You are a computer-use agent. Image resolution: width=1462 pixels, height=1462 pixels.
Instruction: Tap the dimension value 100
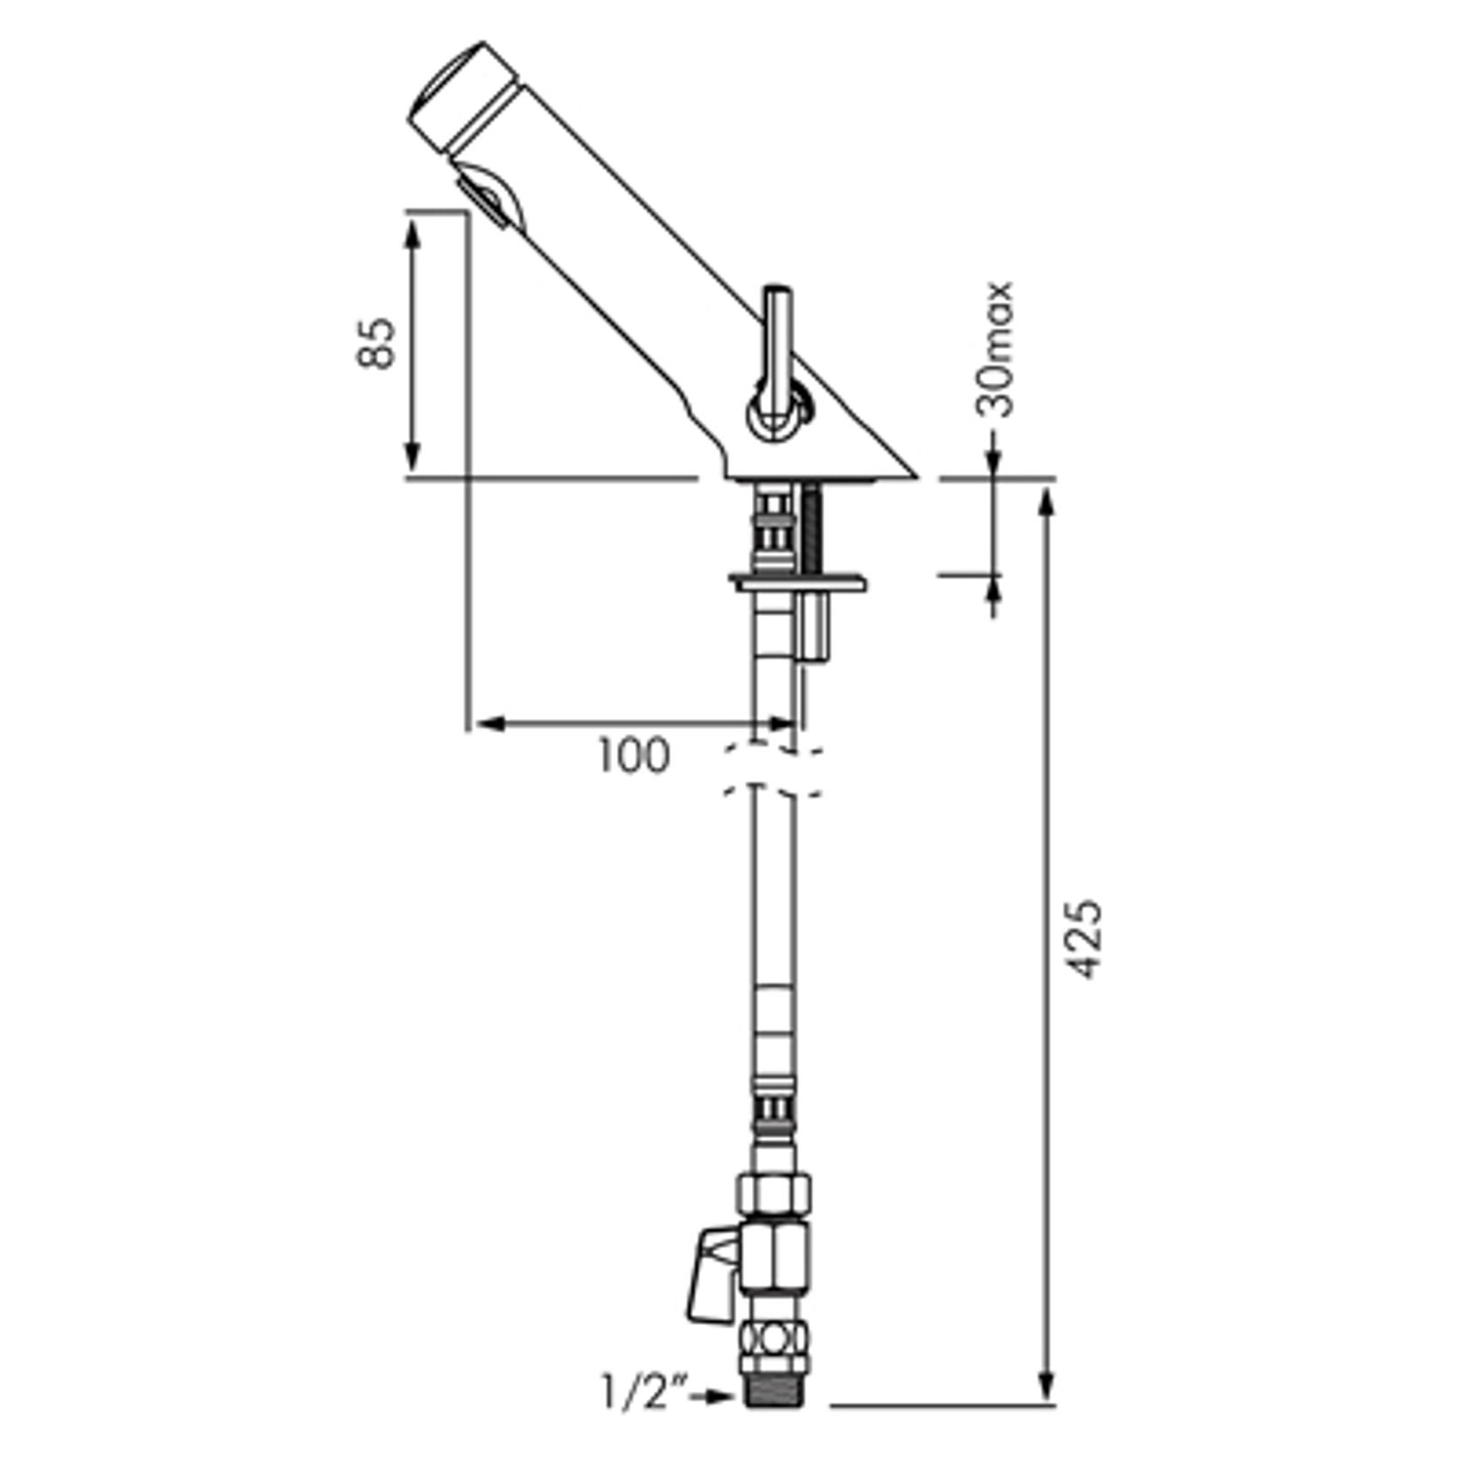coord(633,755)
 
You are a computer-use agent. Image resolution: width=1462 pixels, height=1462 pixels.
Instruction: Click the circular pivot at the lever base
coord(776,414)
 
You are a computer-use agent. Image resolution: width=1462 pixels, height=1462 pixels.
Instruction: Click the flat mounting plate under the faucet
coord(799,581)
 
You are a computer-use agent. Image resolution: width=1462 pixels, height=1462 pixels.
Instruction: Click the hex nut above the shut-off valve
coord(775,1190)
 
